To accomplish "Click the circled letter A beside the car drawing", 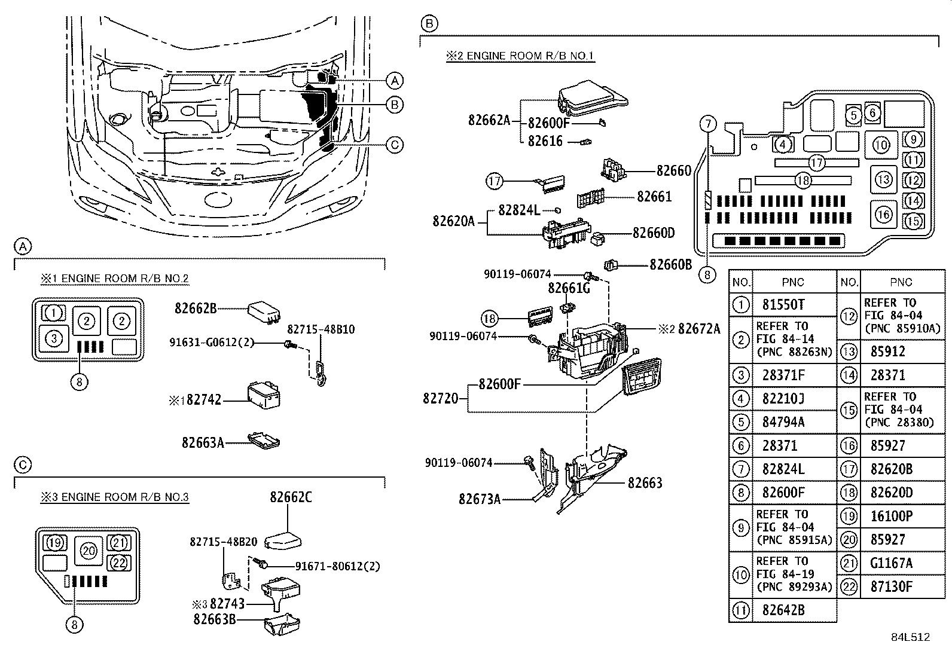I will [x=394, y=80].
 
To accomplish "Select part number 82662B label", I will [x=195, y=308].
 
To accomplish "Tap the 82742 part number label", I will [x=203, y=399].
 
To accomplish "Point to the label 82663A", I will [x=203, y=442].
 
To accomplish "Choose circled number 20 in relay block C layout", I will [x=89, y=550].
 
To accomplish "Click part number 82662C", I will [x=291, y=497].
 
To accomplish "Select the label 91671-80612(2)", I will [x=338, y=566].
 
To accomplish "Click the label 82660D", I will [x=654, y=233].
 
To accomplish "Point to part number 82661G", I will [x=569, y=289].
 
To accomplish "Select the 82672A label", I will [x=699, y=328].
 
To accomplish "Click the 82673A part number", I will [x=480, y=499].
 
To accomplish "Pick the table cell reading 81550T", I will [x=783, y=305].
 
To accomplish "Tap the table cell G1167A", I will [x=892, y=563].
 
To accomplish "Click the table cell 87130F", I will [x=892, y=586].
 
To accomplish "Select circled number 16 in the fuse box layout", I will [x=884, y=214].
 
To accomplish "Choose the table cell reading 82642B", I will [x=783, y=610].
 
